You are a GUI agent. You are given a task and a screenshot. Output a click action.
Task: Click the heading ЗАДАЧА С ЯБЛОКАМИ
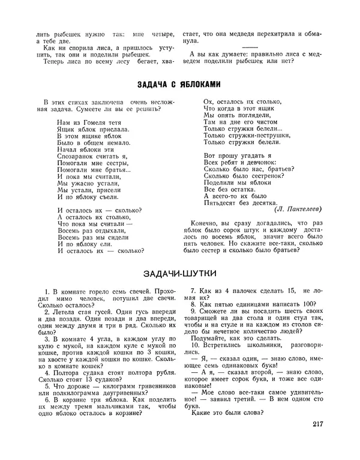[x=179, y=83]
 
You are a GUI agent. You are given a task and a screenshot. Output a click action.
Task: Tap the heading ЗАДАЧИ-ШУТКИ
[x=179, y=273]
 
